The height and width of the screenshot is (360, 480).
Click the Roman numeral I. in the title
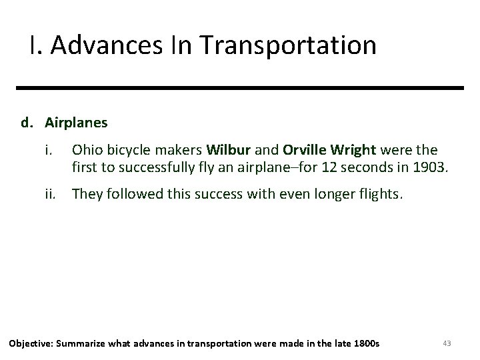pyautogui.click(x=35, y=45)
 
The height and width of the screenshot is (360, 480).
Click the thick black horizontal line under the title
pyautogui.click(x=240, y=88)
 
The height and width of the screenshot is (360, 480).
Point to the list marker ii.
pyautogui.click(x=51, y=193)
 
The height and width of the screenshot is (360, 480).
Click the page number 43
pyautogui.click(x=447, y=343)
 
